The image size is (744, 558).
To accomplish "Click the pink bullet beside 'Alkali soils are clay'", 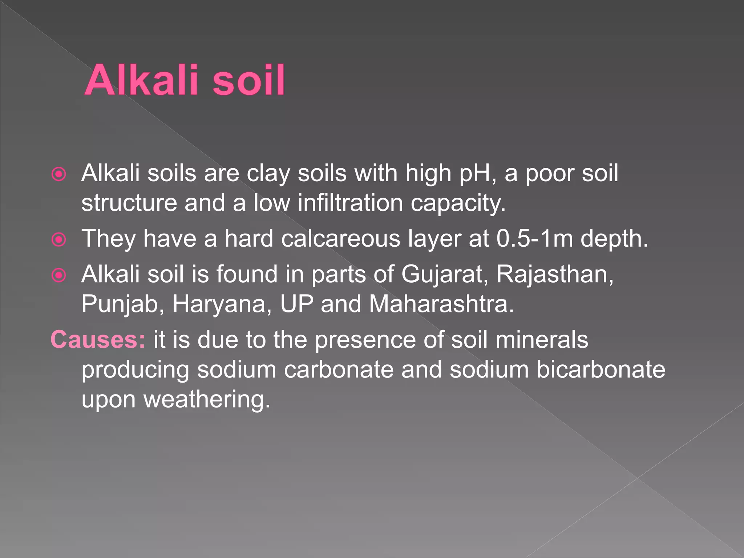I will click(59, 174).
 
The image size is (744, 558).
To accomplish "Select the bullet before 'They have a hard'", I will click(59, 240).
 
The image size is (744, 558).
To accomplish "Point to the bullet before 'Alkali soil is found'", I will click(59, 275).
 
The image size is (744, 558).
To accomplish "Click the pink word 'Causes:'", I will click(98, 340).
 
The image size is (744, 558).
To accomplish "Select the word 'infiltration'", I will click(350, 203).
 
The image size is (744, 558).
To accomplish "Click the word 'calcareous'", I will click(340, 239).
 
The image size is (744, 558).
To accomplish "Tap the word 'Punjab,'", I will click(123, 304).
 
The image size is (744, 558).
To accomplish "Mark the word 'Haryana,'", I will click(222, 304).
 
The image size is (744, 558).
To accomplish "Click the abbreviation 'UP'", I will click(296, 304).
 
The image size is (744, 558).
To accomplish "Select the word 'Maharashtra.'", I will click(441, 304).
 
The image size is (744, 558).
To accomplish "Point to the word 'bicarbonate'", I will click(601, 370).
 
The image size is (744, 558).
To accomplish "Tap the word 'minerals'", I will click(541, 340).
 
